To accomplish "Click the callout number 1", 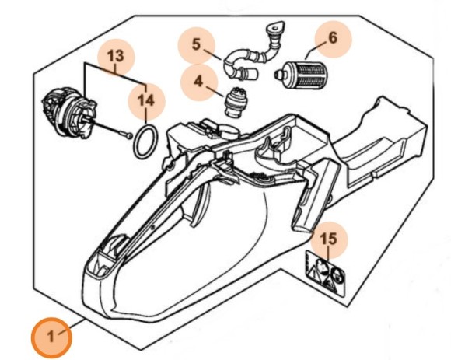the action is click(x=51, y=336).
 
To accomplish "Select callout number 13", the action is click(x=116, y=56).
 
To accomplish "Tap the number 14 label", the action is click(x=146, y=101).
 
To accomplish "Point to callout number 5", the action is click(x=196, y=44).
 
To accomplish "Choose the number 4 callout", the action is click(x=198, y=82).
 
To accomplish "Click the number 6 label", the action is click(x=333, y=37).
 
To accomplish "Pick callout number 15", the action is click(x=329, y=239).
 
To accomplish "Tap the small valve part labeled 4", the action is click(x=236, y=102).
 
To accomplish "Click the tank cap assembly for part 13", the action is click(x=69, y=113).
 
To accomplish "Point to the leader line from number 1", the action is click(x=71, y=327).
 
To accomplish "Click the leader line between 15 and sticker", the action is click(x=329, y=254).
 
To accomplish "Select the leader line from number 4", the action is click(x=215, y=91).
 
